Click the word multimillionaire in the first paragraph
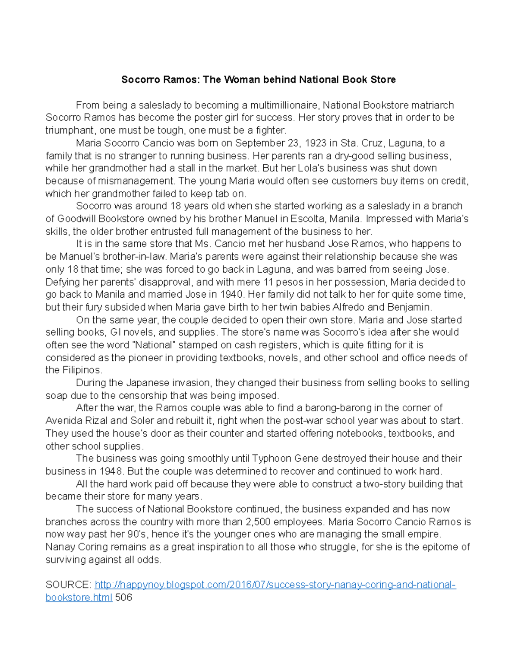284,105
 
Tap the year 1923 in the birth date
316,143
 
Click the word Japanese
148,383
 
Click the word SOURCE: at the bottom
68,585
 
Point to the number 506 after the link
123,598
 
